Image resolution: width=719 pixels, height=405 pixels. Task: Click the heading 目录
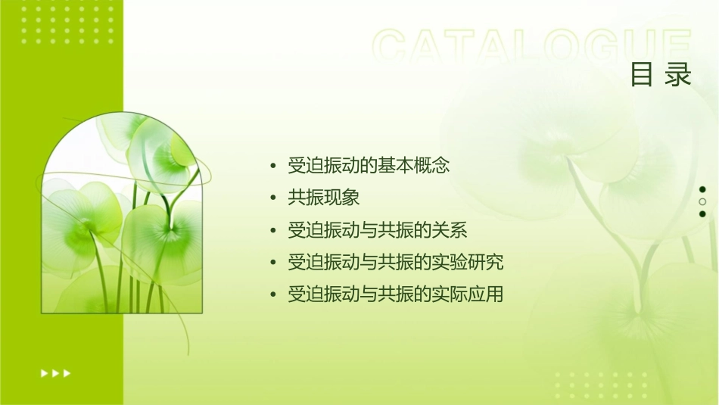[x=661, y=75]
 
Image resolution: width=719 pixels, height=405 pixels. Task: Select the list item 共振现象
[x=323, y=198]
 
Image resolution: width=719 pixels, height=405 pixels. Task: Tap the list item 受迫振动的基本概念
[x=369, y=165]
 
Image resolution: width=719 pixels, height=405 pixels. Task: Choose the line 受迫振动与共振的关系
[x=378, y=230]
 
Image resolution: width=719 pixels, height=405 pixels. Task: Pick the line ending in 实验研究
[x=395, y=263]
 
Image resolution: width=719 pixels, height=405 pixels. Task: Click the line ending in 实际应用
[x=395, y=294]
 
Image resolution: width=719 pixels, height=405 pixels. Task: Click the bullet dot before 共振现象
[x=273, y=198]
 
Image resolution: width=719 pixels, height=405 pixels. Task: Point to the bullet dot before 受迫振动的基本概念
[x=273, y=166]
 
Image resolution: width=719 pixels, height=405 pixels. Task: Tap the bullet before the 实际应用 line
[x=273, y=295]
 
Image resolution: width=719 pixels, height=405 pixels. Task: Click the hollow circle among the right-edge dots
[x=702, y=201]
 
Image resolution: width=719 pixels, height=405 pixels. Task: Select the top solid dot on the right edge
[x=702, y=189]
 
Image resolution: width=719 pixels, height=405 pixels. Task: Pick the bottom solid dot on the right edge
[x=702, y=213]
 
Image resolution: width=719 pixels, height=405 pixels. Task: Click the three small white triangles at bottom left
[x=55, y=372]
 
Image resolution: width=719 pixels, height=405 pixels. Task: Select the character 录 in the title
[x=679, y=75]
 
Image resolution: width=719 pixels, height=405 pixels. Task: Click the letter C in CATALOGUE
[x=391, y=47]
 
